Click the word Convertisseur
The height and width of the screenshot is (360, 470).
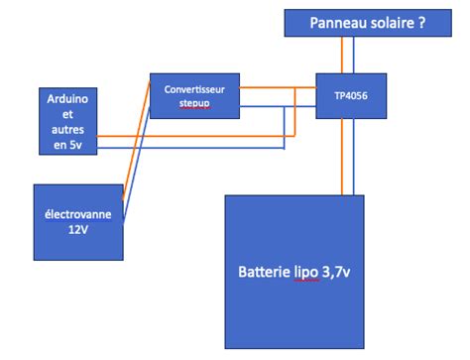(x=194, y=88)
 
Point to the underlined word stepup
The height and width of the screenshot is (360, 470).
(x=194, y=102)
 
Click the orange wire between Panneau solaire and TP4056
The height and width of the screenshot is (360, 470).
(x=344, y=55)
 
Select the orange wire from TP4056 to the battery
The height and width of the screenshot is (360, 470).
(x=344, y=159)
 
